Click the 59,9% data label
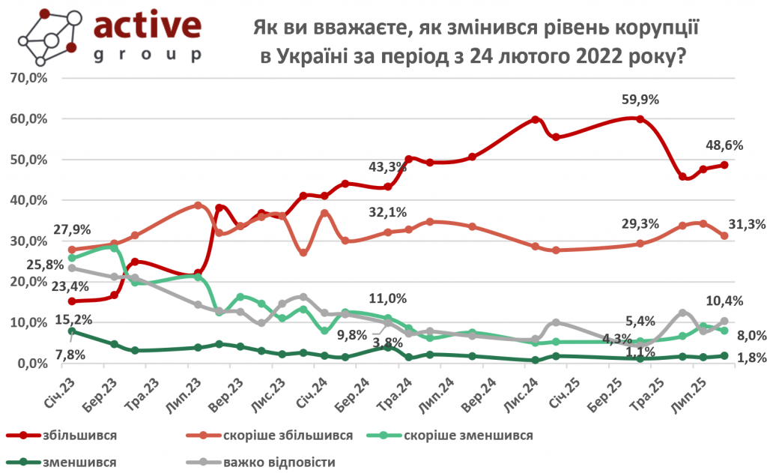[x=640, y=100]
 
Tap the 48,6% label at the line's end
[x=725, y=146]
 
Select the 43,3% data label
[x=386, y=166]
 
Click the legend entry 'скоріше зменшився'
[x=468, y=436]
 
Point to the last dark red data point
[x=725, y=165]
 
